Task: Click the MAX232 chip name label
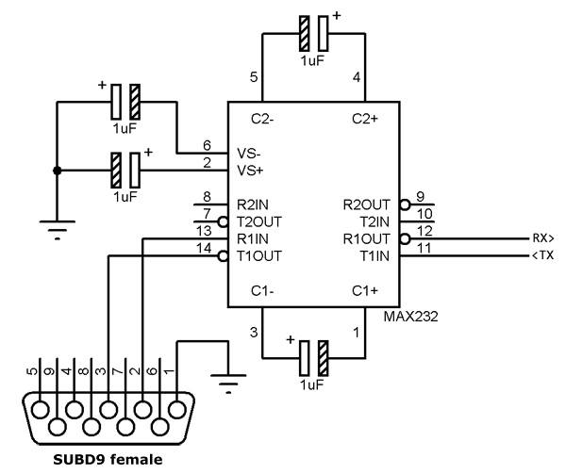tap(410, 317)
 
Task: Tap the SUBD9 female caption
tap(108, 460)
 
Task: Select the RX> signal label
tap(543, 238)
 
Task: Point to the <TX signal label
tap(543, 255)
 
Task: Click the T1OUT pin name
tap(259, 256)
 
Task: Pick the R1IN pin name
tap(253, 239)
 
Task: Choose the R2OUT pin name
tap(366, 204)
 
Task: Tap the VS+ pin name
tap(250, 171)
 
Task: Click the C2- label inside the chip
tap(262, 119)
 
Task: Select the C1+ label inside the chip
tap(365, 290)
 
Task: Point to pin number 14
tap(204, 248)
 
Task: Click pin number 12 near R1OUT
tap(424, 231)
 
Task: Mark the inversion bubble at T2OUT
tap(223, 221)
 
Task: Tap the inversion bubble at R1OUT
tap(405, 239)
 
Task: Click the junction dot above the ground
tap(57, 171)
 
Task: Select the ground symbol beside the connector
tap(228, 383)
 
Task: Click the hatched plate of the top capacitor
tap(305, 34)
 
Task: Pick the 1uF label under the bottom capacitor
tap(312, 385)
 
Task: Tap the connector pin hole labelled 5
tap(40, 410)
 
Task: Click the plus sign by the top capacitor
tap(336, 15)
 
